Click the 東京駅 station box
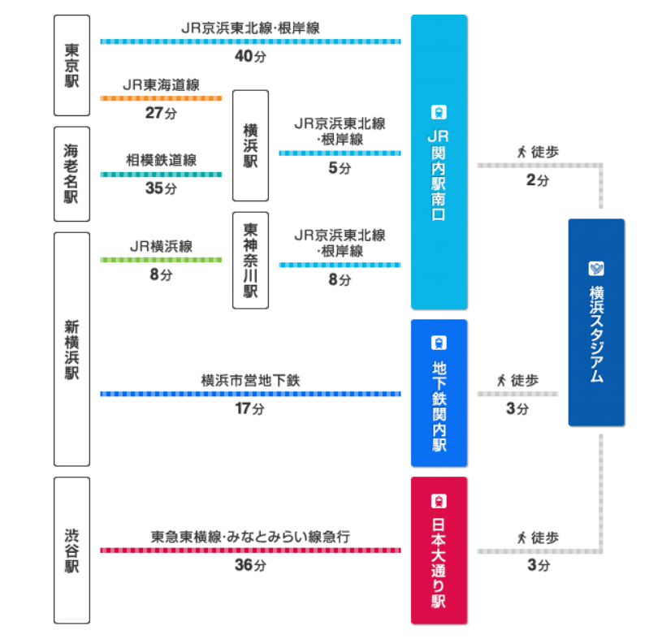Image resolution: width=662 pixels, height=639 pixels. pyautogui.click(x=71, y=65)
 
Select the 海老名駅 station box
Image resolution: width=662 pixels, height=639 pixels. pyautogui.click(x=71, y=173)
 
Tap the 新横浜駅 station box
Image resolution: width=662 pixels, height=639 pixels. pyautogui.click(x=71, y=349)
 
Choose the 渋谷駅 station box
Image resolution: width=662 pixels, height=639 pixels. pyautogui.click(x=71, y=550)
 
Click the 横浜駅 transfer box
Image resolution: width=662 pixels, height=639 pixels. pyautogui.click(x=250, y=145)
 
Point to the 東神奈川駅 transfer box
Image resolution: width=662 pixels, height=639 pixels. pyautogui.click(x=250, y=260)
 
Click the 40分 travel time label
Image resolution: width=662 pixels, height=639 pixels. pyautogui.click(x=250, y=57)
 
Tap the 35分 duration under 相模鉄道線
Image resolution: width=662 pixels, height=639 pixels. pyautogui.click(x=161, y=189)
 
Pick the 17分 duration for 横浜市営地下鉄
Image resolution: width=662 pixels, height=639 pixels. pyautogui.click(x=250, y=409)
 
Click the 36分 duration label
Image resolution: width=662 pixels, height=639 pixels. pyautogui.click(x=250, y=565)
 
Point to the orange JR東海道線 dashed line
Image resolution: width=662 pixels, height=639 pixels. pyautogui.click(x=161, y=98)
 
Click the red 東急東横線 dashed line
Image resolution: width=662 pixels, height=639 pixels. pyautogui.click(x=250, y=550)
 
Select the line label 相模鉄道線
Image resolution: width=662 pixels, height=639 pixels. pyautogui.click(x=161, y=160)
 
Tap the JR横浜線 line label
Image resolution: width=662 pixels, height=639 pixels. pyautogui.click(x=161, y=245)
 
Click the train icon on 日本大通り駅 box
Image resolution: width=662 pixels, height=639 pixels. pyautogui.click(x=439, y=501)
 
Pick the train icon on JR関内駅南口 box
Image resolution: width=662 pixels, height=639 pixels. pyautogui.click(x=439, y=112)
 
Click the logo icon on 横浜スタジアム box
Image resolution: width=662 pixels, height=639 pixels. pyautogui.click(x=596, y=268)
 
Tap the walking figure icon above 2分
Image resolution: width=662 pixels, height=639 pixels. pyautogui.click(x=521, y=151)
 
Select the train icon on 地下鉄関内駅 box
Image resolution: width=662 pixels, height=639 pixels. pyautogui.click(x=439, y=343)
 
